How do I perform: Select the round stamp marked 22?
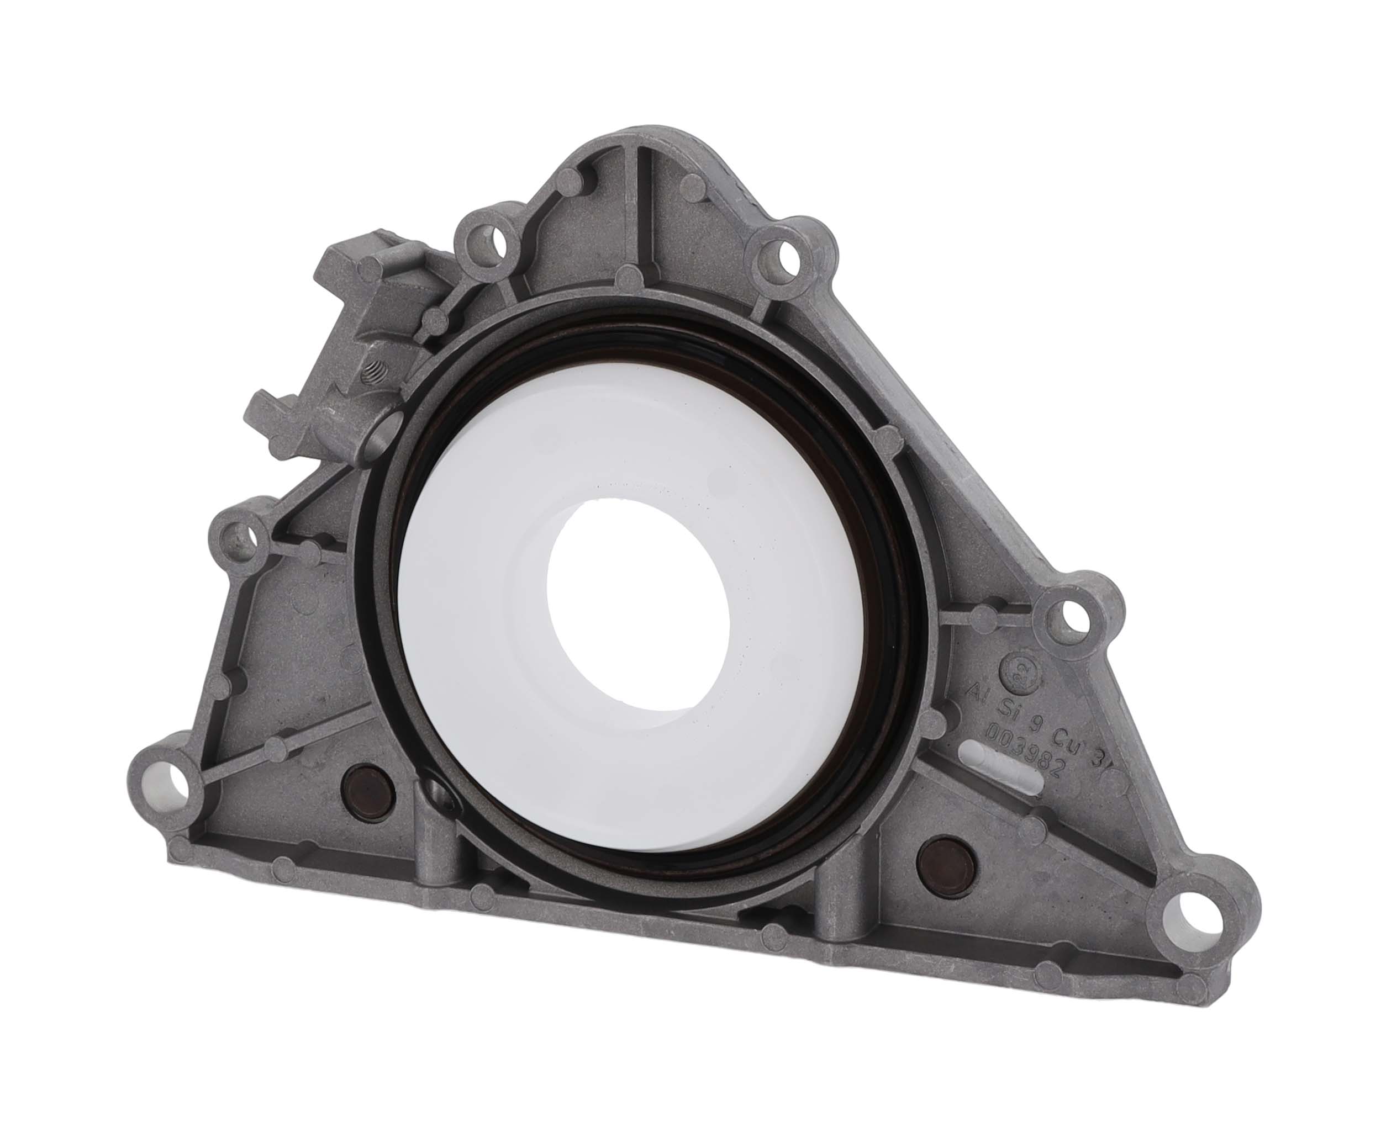point(1016,665)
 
